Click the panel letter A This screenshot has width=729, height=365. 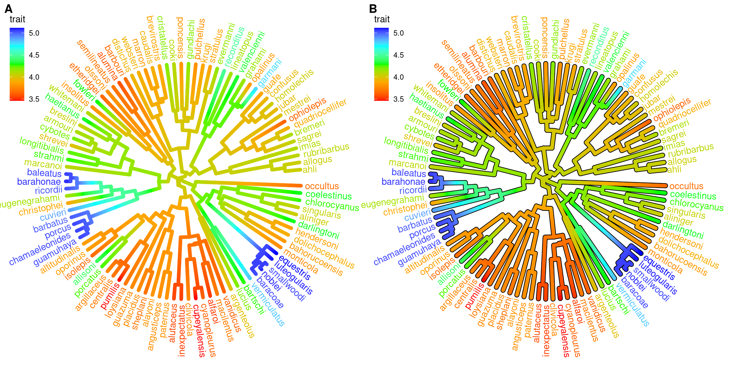(9, 9)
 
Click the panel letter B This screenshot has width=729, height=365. (373, 9)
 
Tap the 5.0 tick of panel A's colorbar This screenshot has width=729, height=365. (34, 33)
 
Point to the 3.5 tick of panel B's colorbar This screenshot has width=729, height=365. (398, 99)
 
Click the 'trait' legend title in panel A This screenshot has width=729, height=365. (17, 19)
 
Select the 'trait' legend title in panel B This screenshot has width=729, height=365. (382, 19)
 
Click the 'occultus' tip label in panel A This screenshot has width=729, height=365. (322, 186)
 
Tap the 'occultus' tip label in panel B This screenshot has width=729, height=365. (686, 186)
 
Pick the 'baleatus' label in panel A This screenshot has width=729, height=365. (44, 173)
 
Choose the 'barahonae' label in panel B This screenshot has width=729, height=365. (403, 182)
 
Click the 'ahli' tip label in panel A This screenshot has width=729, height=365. (310, 170)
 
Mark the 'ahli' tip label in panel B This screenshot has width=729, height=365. (674, 170)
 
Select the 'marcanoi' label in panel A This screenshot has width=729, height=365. (43, 164)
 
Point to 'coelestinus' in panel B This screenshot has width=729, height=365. (693, 195)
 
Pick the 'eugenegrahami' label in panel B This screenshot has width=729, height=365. (393, 202)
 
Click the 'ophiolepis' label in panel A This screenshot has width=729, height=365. (307, 109)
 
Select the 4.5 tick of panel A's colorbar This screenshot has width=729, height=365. (34, 55)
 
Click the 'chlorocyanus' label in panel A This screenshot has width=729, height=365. (332, 205)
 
